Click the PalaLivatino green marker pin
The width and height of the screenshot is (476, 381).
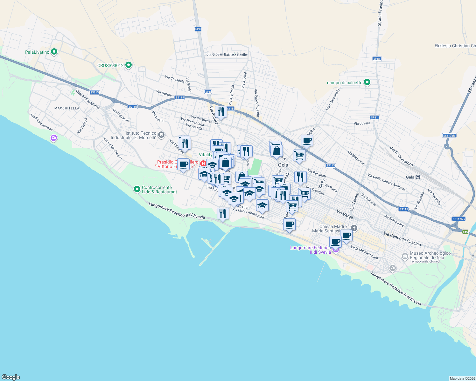coord(54,51)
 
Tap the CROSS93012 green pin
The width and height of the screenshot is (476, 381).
coord(129,65)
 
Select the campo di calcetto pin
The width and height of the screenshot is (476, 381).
coord(367,82)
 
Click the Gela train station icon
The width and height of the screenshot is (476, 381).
coord(418,177)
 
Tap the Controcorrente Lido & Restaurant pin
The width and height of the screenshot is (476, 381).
coord(137,189)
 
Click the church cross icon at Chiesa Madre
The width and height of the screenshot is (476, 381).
coord(354,228)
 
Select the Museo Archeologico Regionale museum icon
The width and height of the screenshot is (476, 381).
coord(405,256)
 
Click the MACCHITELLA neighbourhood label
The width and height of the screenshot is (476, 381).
coord(67,108)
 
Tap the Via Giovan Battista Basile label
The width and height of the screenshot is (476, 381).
coord(227,55)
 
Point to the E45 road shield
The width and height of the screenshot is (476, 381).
coord(465,232)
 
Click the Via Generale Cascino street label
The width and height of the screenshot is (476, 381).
coord(402,239)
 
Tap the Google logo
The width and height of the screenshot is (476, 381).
coord(11,377)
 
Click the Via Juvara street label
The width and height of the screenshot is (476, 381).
coord(362,123)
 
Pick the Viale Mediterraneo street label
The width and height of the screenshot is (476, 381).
coord(364,252)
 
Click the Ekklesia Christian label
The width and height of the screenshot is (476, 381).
coord(455,46)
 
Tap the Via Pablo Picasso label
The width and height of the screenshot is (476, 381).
coord(257,103)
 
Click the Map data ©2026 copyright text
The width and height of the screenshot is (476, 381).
coord(462,378)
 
